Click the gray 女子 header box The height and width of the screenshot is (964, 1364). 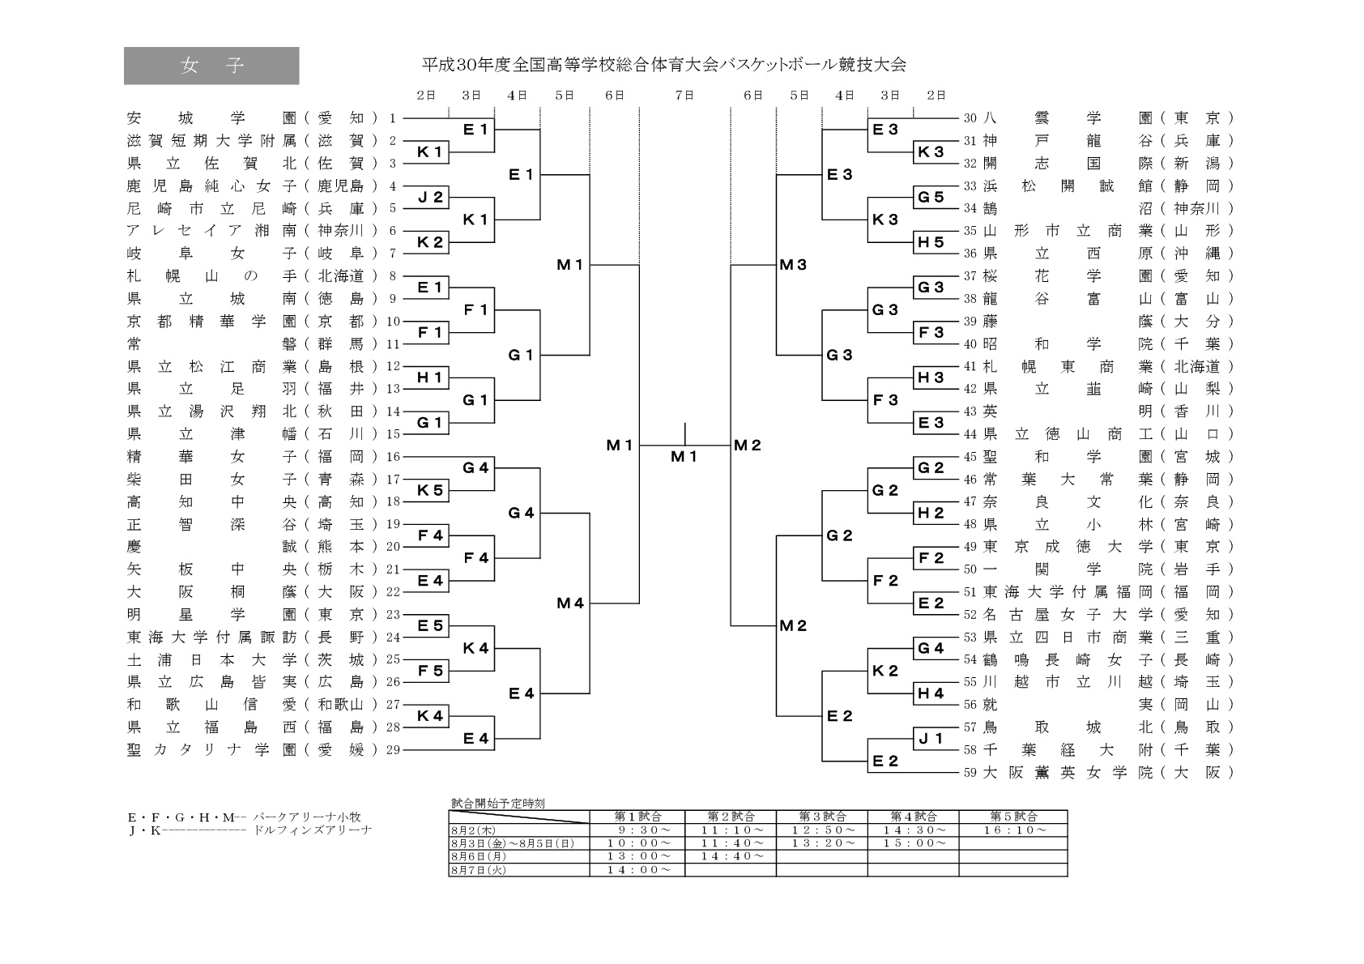[211, 66]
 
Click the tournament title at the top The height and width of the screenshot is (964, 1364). [663, 65]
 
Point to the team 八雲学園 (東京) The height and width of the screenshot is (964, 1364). [1109, 118]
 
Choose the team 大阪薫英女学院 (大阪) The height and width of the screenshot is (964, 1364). [1109, 773]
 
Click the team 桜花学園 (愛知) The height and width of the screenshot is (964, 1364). [1109, 276]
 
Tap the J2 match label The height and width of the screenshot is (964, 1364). [430, 197]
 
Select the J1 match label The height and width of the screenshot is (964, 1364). [930, 738]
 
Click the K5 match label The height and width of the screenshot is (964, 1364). [430, 490]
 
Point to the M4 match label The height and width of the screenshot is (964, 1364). [570, 603]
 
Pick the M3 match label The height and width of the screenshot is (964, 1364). [793, 264]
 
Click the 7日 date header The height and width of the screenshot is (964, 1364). [684, 96]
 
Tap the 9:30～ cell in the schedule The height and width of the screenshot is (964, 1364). [637, 830]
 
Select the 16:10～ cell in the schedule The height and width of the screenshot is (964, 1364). [1012, 830]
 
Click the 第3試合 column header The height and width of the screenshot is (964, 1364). [821, 817]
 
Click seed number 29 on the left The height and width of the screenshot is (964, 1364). [394, 750]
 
